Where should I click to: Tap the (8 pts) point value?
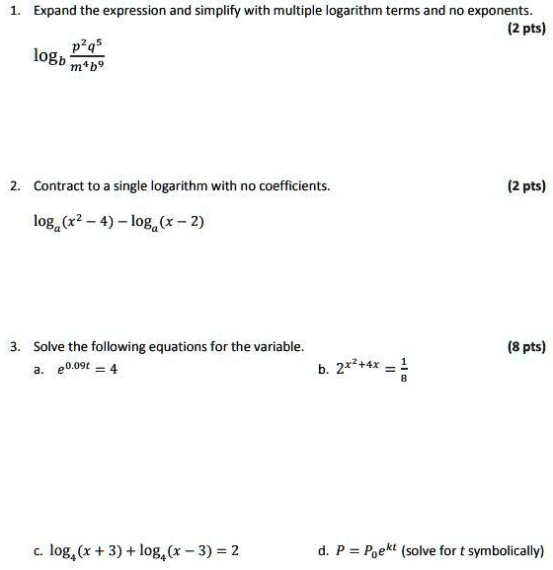coord(523,346)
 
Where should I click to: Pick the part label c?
coord(38,550)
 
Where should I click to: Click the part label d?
coord(324,550)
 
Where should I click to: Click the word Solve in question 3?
coord(48,346)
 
